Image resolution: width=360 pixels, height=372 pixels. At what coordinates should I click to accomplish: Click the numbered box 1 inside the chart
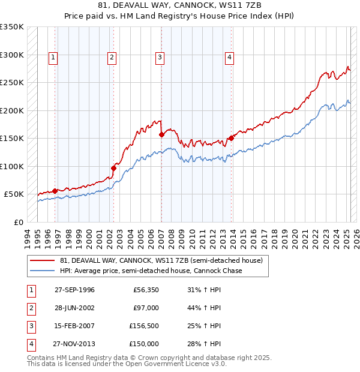[x=53, y=58]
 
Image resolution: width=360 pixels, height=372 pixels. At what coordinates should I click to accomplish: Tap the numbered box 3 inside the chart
[x=160, y=58]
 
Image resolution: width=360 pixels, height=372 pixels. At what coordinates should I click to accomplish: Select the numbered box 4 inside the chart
[x=229, y=58]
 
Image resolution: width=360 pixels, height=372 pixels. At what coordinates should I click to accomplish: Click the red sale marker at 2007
[x=161, y=135]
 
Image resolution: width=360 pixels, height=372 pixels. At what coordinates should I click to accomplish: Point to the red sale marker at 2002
[x=113, y=168]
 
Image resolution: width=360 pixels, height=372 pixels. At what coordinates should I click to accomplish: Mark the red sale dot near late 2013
[x=231, y=139]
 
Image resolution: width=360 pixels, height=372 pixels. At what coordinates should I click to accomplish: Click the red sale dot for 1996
[x=55, y=191]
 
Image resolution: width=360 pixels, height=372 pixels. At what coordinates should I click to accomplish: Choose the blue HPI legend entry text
[x=151, y=271]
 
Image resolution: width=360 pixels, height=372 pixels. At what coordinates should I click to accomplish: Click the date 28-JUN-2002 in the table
[x=75, y=308]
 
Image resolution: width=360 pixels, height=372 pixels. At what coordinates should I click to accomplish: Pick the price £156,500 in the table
[x=144, y=326]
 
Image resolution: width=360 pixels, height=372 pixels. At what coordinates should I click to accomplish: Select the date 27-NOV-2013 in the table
[x=75, y=344]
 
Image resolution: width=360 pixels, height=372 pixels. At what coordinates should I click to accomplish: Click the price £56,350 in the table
[x=146, y=290]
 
